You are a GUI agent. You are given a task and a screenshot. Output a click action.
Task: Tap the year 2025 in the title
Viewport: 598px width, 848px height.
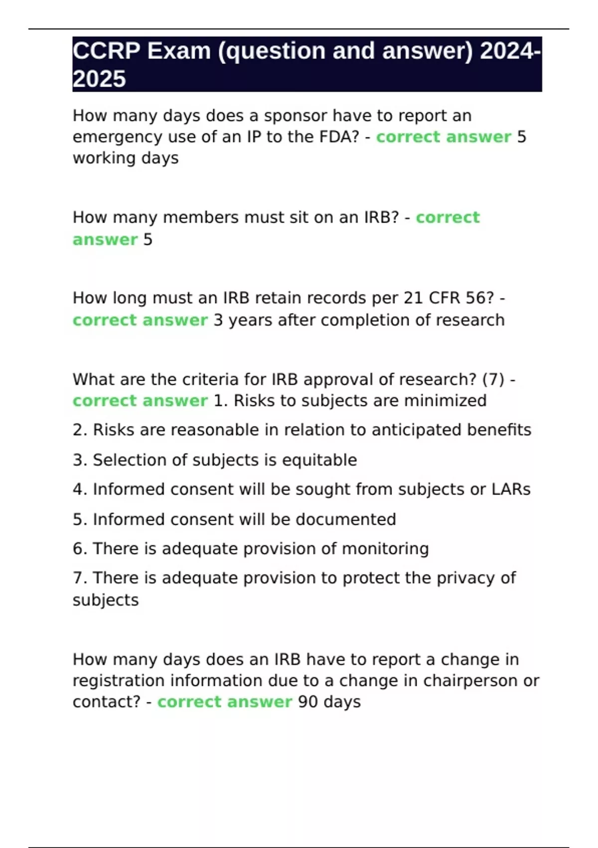[x=99, y=79]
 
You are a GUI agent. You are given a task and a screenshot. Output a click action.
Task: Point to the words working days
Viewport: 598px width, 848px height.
[x=126, y=158]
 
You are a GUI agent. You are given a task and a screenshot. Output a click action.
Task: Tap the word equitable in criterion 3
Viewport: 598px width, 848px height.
[x=319, y=460]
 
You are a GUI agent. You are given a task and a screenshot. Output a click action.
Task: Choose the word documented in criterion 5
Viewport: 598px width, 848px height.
[x=346, y=519]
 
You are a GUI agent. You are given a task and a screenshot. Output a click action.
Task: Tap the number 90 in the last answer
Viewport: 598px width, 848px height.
[x=308, y=702]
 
